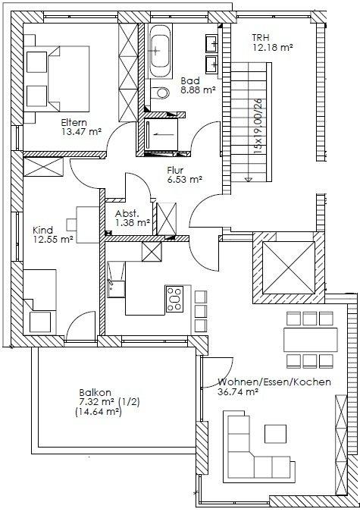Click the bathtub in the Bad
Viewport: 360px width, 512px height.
point(160,51)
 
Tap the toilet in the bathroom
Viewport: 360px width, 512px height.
point(161,93)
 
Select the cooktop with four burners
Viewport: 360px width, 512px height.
point(174,299)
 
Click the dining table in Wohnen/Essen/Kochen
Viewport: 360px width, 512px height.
point(311,340)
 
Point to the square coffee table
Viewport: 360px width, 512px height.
point(275,434)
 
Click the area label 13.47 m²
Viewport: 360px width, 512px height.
point(81,132)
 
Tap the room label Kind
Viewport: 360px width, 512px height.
point(42,230)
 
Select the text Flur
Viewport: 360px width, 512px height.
point(175,170)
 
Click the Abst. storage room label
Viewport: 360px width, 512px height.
point(127,214)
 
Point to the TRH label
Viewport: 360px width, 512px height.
point(261,38)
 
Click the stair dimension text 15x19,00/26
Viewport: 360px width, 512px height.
point(258,127)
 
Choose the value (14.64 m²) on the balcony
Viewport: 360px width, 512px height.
point(98,412)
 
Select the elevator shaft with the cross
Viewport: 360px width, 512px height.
point(289,268)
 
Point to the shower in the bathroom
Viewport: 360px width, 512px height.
point(161,134)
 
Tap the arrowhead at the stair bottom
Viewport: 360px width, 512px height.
point(249,179)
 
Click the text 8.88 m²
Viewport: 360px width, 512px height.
point(199,90)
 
